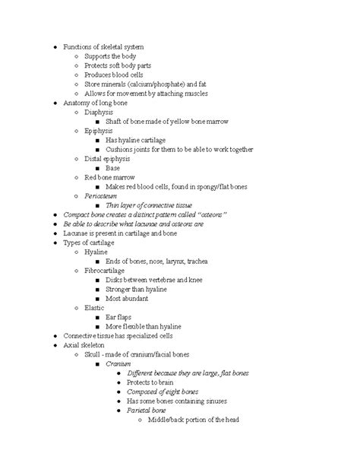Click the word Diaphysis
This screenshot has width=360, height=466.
coord(99,113)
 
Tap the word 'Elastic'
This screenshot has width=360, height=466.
coord(96,308)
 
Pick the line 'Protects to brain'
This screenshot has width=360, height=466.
coord(157,382)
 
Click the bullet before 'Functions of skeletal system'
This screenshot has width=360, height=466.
coord(47,47)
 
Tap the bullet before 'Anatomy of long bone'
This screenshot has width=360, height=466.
coord(47,103)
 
